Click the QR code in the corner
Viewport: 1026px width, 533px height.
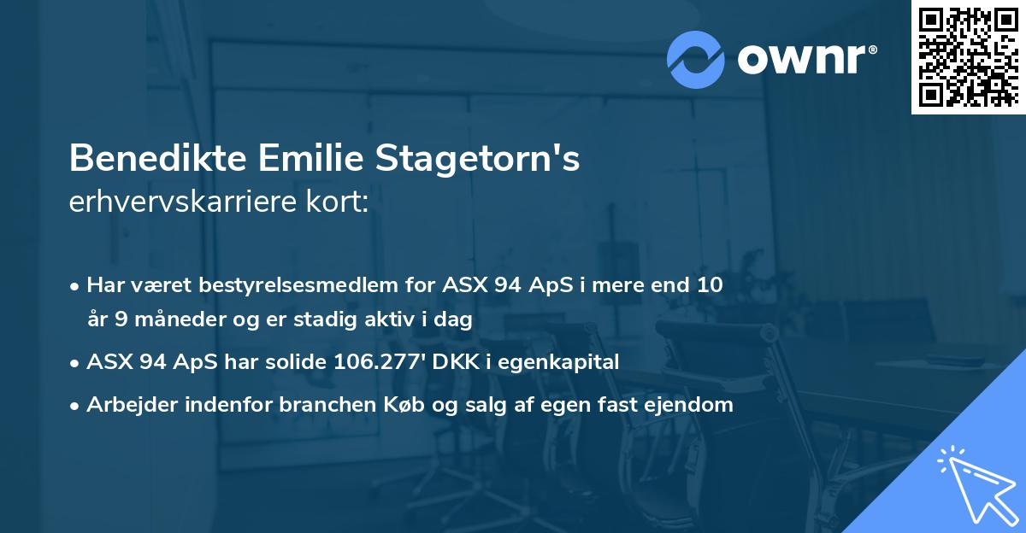point(967,56)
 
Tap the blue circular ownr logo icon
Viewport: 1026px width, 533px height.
point(695,60)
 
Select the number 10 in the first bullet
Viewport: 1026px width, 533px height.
point(711,285)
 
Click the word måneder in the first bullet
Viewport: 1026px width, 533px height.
point(166,319)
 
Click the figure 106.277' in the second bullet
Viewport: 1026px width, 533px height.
point(381,362)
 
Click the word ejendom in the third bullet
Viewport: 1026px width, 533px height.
point(695,405)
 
